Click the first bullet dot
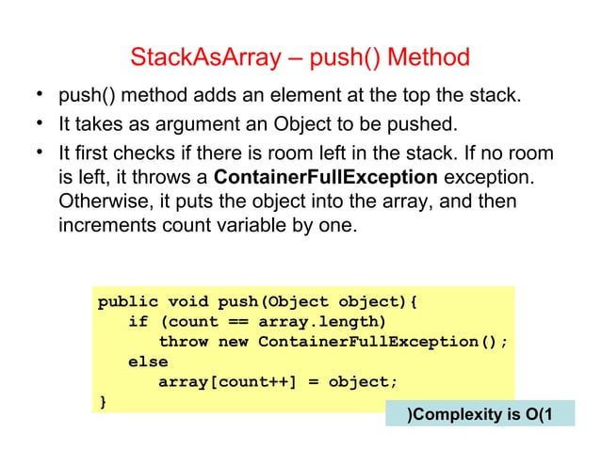click(32, 95)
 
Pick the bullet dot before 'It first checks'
click(32, 151)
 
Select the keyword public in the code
click(127, 302)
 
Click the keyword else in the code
click(148, 362)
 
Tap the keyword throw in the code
click(184, 342)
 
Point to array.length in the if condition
click(319, 322)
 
